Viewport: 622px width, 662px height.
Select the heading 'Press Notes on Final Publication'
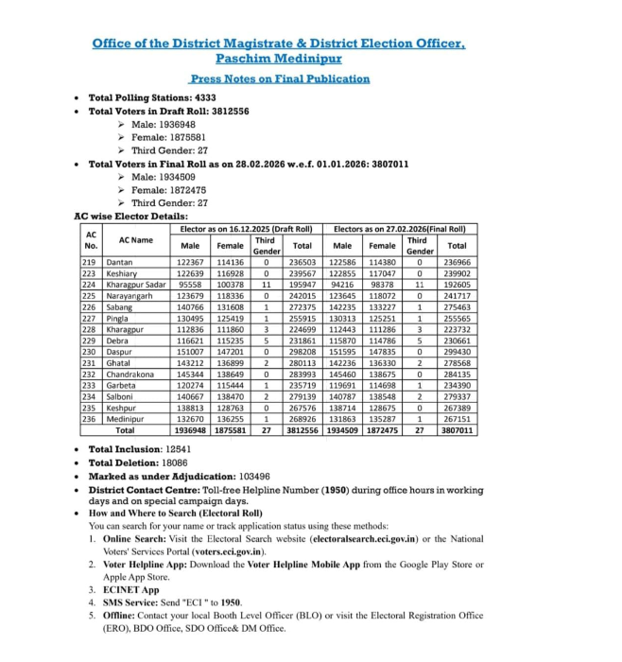[279, 78]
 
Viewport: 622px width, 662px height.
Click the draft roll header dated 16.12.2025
[246, 229]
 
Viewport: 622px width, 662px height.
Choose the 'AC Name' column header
[136, 240]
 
